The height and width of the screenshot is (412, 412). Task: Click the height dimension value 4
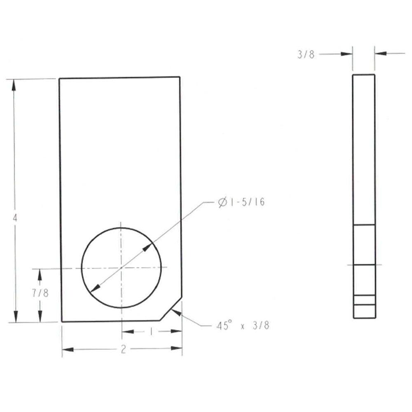pos(15,218)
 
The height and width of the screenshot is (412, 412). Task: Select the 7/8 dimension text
pos(40,293)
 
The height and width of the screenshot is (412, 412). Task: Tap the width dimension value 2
pos(123,349)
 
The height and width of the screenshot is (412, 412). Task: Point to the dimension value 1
pos(151,331)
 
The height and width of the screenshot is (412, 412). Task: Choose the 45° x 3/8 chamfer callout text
pos(243,326)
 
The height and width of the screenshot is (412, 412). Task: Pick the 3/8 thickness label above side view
pos(306,54)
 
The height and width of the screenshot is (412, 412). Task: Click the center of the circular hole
pos(122,268)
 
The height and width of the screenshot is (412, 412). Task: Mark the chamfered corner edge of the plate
pos(171,310)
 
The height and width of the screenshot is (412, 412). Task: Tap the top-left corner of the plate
pos(59,78)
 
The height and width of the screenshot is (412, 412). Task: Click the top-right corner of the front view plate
pos(180,77)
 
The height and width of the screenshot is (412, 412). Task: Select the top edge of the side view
pos(363,75)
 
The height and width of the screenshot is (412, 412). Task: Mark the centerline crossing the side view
pos(364,265)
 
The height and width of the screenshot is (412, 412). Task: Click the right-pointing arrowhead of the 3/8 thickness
pos(348,54)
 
